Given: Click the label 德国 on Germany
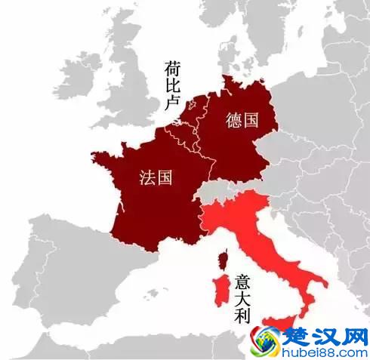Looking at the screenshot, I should (242, 119).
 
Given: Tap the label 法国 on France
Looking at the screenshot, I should (155, 178).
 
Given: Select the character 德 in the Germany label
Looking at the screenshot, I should (232, 119).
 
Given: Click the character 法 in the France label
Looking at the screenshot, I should (146, 178).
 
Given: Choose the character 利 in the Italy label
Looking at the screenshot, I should (242, 317).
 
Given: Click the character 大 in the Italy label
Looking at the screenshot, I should (242, 298).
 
